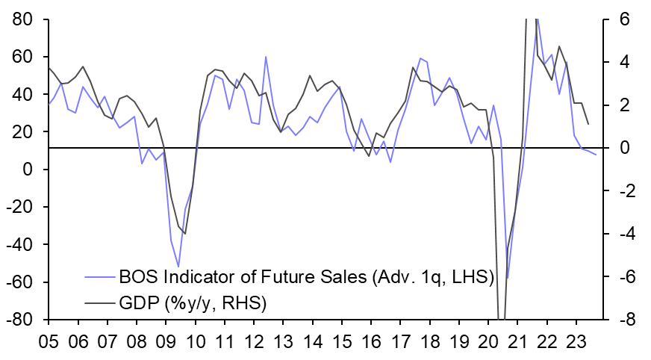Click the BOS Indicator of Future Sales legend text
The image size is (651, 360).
pos(306,278)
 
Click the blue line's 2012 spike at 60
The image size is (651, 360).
pos(266,57)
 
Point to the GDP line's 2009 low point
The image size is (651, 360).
pos(184,234)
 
